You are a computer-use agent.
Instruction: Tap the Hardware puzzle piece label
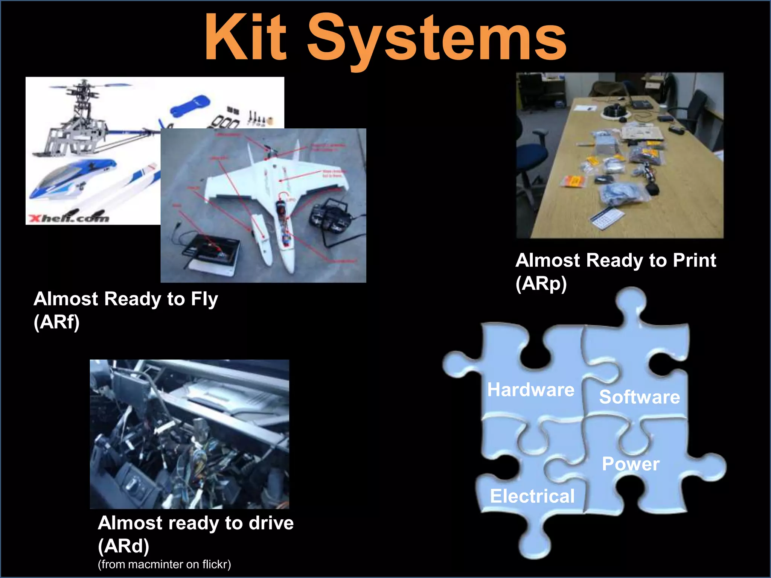point(530,389)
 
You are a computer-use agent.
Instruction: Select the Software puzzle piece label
point(639,397)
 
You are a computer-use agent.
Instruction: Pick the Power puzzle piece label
point(631,464)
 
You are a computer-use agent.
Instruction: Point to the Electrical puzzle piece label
point(532,496)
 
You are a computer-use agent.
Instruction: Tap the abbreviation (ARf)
point(56,322)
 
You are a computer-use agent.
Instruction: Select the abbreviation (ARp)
point(541,284)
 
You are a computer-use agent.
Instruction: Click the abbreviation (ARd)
point(123,546)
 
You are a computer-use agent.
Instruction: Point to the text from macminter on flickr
point(164,564)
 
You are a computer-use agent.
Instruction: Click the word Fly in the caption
point(204,299)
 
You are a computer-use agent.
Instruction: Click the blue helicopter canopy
point(72,177)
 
